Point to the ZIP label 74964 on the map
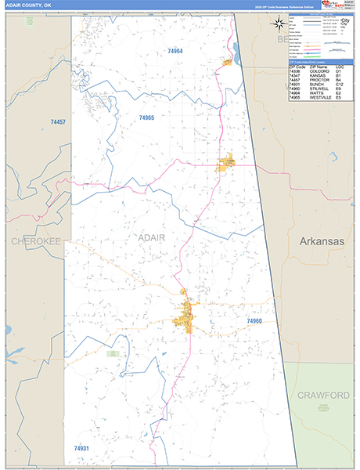tap(175, 51)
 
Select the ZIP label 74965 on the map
tap(146, 117)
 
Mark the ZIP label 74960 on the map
tap(254, 321)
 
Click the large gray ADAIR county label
tap(152, 237)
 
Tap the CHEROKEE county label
tap(35, 242)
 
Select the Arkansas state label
tap(321, 242)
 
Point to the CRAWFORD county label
tap(322, 395)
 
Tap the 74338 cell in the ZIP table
tap(294, 71)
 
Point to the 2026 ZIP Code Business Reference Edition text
tap(286, 5)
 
